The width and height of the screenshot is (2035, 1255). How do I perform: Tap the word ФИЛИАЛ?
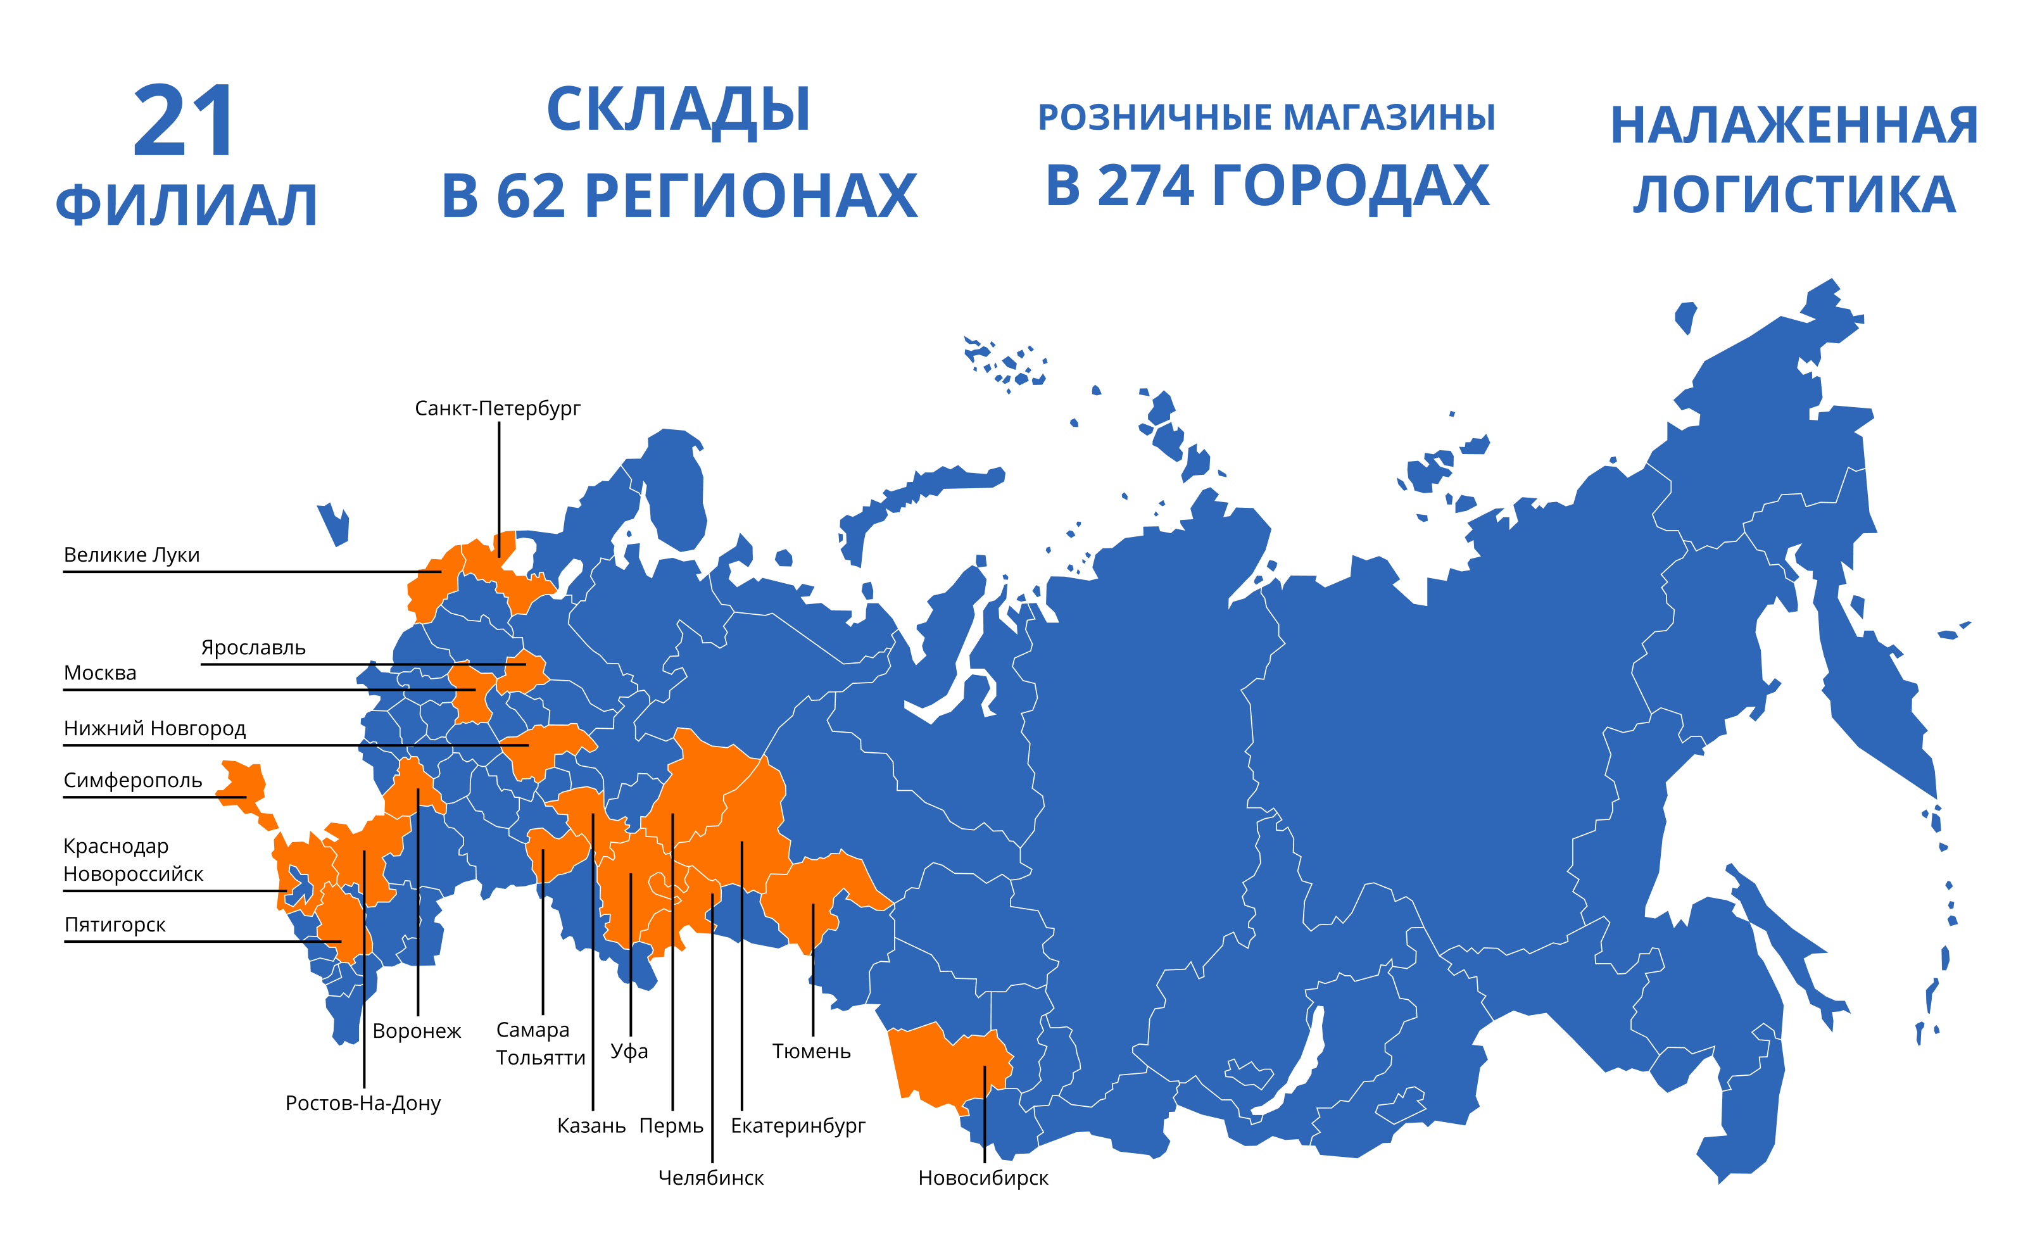tap(187, 205)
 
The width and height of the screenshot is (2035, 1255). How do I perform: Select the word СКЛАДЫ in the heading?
tap(678, 110)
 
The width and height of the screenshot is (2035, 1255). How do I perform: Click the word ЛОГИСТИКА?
tap(1794, 195)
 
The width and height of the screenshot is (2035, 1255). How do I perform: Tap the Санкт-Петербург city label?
tap(497, 408)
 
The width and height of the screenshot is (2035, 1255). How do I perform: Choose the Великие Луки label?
tap(132, 555)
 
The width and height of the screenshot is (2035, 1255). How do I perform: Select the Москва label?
tap(99, 672)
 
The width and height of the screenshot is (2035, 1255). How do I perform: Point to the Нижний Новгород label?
tap(154, 728)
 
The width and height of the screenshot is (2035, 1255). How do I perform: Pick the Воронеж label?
tap(417, 1031)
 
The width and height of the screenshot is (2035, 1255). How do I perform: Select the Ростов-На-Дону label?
tap(363, 1103)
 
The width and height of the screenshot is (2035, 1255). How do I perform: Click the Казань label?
tap(591, 1126)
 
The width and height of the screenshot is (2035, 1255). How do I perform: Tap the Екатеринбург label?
tap(798, 1126)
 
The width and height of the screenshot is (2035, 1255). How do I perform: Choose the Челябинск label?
tap(710, 1178)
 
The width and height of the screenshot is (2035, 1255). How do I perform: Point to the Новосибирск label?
tap(983, 1178)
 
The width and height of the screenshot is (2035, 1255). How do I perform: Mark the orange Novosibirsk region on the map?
tap(946, 1066)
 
